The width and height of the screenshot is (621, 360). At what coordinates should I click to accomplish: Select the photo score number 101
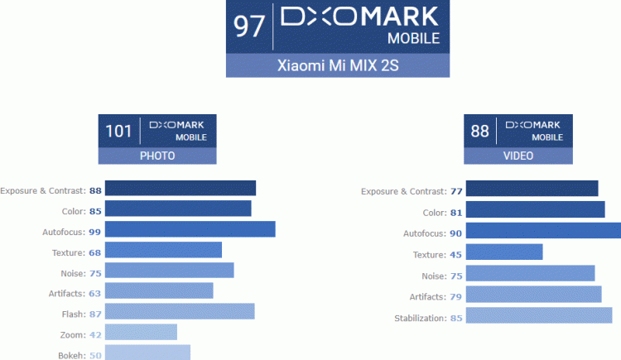pyautogui.click(x=118, y=131)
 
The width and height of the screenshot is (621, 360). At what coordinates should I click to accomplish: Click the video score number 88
pyautogui.click(x=479, y=131)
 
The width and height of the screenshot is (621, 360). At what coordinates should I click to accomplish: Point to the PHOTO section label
pyautogui.click(x=157, y=156)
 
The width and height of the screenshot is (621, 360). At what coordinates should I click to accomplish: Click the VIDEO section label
pyautogui.click(x=518, y=156)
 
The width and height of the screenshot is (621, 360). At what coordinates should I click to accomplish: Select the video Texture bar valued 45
pyautogui.click(x=503, y=252)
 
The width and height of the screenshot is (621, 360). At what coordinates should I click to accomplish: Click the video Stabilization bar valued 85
pyautogui.click(x=538, y=315)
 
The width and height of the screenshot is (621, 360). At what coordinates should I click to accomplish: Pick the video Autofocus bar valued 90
pyautogui.click(x=543, y=231)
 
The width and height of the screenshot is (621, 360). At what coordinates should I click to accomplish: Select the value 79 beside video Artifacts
pyautogui.click(x=455, y=296)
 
